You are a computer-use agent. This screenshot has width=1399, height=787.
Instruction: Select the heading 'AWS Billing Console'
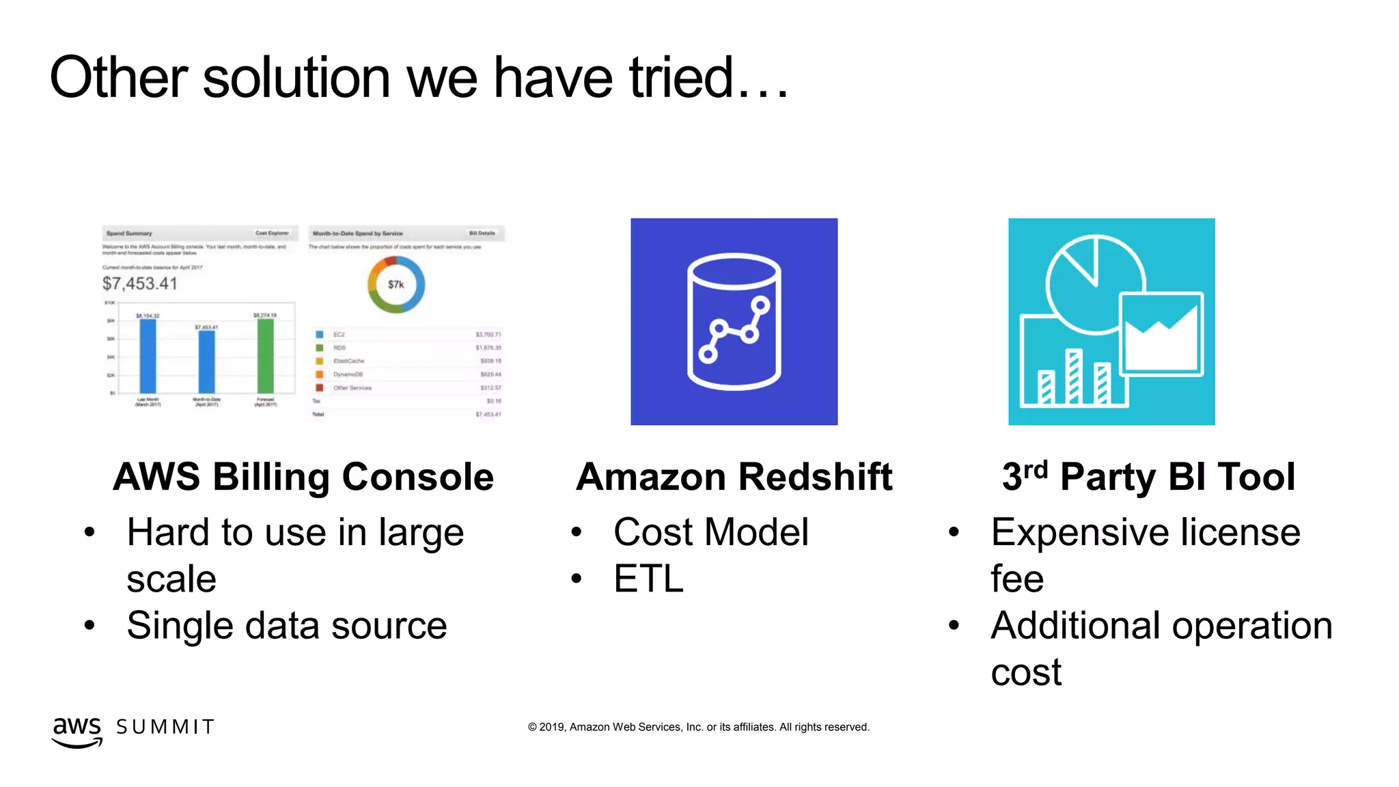(x=303, y=476)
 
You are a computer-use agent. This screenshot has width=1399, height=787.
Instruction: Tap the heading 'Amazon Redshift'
(x=734, y=476)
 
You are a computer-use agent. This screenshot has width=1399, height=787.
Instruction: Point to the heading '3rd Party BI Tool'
(x=1148, y=476)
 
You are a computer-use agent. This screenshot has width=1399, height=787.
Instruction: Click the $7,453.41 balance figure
(x=140, y=284)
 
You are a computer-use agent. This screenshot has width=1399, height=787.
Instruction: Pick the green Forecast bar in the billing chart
(x=265, y=355)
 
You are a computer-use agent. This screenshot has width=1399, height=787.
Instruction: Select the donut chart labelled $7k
(x=396, y=284)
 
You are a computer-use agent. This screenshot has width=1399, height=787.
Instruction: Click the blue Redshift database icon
(x=734, y=322)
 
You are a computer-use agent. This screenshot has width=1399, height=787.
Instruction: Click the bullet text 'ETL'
(x=648, y=579)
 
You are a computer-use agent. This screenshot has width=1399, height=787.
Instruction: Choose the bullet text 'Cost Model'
(x=710, y=532)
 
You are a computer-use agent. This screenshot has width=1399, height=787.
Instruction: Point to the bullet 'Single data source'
(x=287, y=625)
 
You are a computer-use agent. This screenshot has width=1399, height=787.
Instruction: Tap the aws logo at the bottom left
(x=77, y=731)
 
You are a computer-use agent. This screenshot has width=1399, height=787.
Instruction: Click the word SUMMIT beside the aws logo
(x=165, y=727)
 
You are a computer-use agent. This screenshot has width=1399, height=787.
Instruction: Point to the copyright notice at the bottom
(x=698, y=727)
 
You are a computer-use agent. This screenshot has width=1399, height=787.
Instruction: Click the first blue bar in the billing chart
(x=148, y=355)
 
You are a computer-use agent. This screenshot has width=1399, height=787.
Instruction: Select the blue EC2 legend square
(x=319, y=335)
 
